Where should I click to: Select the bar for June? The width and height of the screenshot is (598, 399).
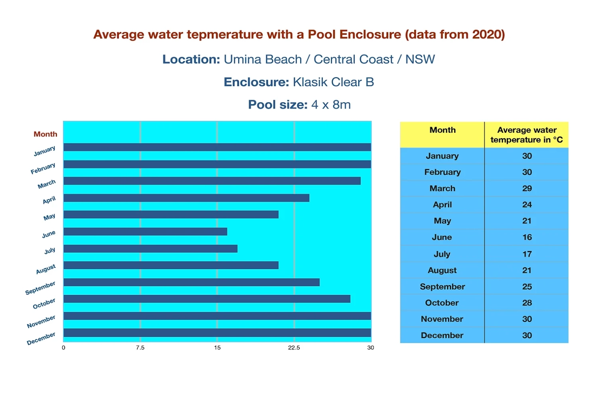pyautogui.click(x=146, y=231)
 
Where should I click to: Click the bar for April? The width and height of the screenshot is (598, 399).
pyautogui.click(x=187, y=198)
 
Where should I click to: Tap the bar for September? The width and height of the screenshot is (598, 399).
pyautogui.click(x=191, y=282)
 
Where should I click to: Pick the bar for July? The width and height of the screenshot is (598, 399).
pyautogui.click(x=151, y=249)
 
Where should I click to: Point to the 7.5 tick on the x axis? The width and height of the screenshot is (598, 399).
pyautogui.click(x=140, y=348)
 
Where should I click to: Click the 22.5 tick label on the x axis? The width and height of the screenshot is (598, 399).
pyautogui.click(x=294, y=348)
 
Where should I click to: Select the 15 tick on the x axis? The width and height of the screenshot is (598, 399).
pyautogui.click(x=217, y=348)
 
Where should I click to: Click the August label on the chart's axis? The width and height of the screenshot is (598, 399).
pyautogui.click(x=46, y=269)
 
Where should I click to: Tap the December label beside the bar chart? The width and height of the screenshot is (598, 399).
pyautogui.click(x=41, y=338)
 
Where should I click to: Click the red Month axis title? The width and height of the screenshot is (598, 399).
pyautogui.click(x=45, y=134)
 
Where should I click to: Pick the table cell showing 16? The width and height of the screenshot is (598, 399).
pyautogui.click(x=527, y=237)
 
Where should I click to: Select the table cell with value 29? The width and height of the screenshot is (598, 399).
pyautogui.click(x=527, y=188)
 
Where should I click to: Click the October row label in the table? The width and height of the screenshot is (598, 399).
pyautogui.click(x=442, y=303)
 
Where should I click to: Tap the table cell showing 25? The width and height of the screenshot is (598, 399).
pyautogui.click(x=527, y=286)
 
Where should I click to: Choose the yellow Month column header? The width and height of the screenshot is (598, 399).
pyautogui.click(x=443, y=130)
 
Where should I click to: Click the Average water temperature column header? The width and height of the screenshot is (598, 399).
pyautogui.click(x=527, y=135)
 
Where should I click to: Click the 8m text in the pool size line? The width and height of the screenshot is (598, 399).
pyautogui.click(x=342, y=105)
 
